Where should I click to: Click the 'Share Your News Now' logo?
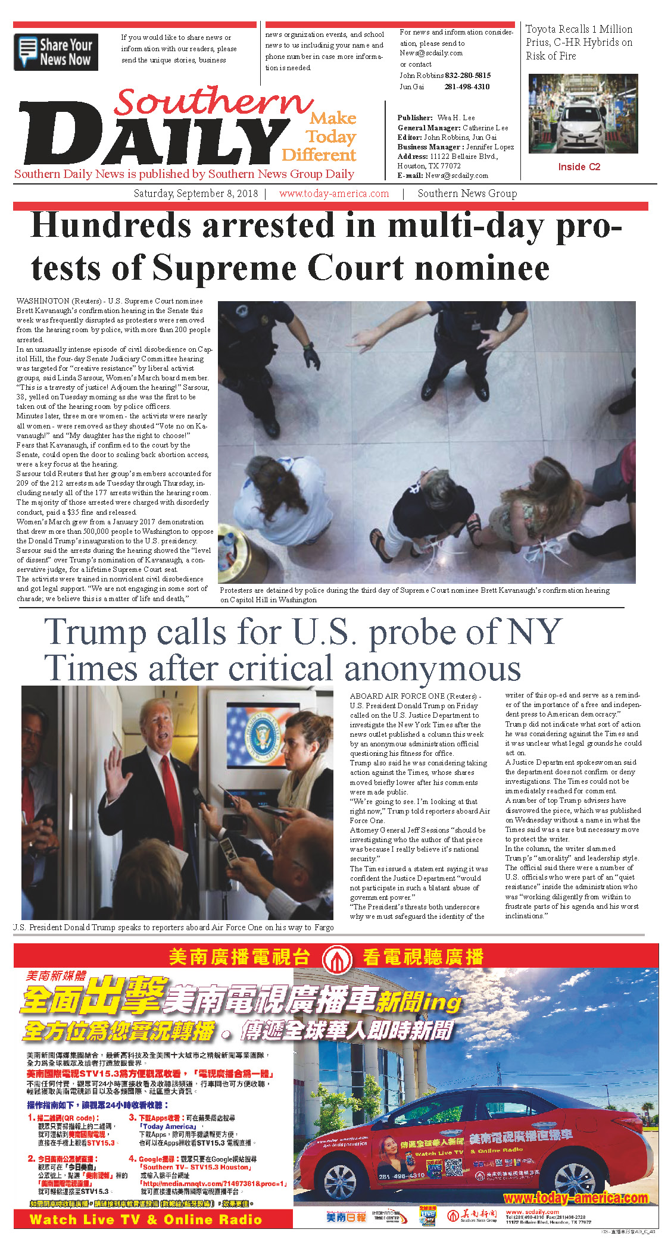point(56,52)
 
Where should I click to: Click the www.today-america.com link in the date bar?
point(334,193)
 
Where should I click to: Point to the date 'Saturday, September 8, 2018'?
point(196,193)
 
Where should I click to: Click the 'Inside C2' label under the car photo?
point(579,167)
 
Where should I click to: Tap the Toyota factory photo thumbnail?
point(583,114)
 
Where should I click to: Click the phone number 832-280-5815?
point(468,76)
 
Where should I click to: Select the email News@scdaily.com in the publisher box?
point(457,176)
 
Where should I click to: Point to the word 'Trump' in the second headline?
point(95,632)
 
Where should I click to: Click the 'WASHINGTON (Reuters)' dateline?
point(52,301)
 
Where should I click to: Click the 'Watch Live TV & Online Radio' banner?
point(146,1219)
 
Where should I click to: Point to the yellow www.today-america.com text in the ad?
point(575,1197)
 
